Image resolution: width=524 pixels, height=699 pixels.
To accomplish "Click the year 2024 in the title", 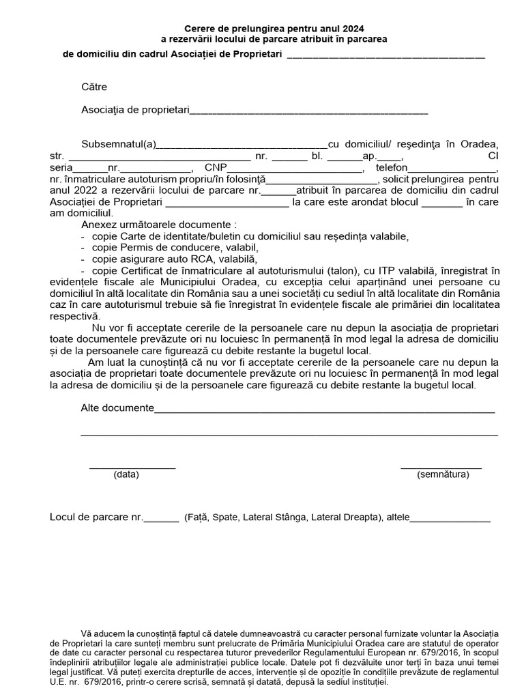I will (353, 29).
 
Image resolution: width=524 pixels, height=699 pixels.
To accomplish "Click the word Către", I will (94, 87).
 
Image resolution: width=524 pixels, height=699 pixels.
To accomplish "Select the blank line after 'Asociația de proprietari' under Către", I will (308, 111).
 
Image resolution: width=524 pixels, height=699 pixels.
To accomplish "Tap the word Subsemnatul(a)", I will (119, 144).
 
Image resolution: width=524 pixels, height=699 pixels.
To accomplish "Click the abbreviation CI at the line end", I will (494, 156).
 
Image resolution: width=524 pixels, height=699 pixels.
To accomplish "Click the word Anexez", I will (99, 224).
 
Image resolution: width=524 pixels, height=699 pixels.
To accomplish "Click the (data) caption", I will (126, 474).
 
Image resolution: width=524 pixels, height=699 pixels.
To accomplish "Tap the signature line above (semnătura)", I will (441, 468).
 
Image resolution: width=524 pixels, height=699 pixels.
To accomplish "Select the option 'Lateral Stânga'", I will (274, 517).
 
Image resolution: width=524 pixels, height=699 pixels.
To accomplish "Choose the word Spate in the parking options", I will (225, 517).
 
